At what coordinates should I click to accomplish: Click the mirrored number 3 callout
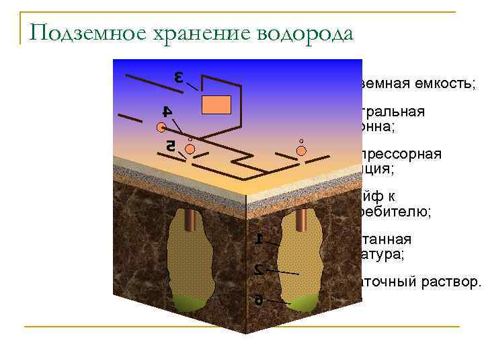179,77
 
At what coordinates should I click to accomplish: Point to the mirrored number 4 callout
167,110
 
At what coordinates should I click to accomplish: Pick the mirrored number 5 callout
171,145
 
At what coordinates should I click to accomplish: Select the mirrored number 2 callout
259,270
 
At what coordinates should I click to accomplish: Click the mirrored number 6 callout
259,300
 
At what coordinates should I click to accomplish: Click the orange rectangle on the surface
216,105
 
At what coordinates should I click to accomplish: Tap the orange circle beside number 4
162,127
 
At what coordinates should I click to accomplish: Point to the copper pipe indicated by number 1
301,219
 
